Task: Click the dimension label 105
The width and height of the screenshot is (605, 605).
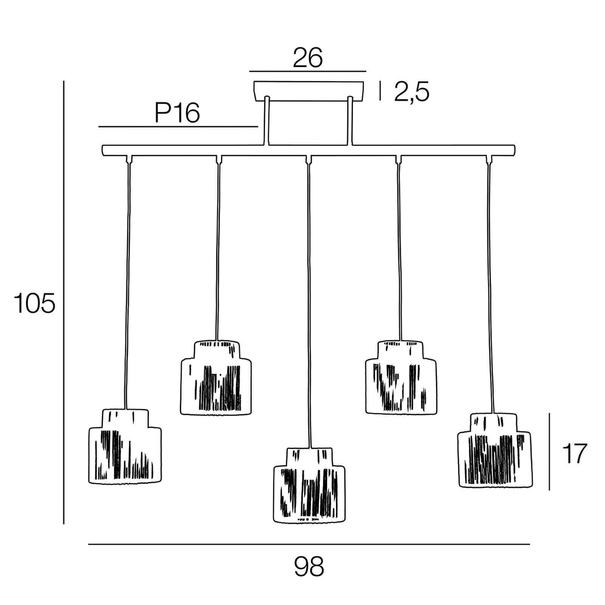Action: pos(34,303)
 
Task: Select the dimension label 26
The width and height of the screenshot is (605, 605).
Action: pos(308,58)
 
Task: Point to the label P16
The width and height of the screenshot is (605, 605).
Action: pos(177,113)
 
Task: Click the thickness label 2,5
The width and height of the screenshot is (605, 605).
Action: pos(412,92)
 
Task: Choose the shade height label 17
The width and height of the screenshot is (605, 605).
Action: pos(574,453)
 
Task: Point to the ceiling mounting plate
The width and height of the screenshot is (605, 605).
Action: pos(309,91)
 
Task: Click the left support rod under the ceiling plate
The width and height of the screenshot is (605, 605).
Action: pos(267,121)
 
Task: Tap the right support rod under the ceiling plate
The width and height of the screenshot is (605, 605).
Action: pos(350,121)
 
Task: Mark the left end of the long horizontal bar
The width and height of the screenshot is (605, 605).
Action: pos(104,150)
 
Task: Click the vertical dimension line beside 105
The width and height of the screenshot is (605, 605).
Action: pos(64,302)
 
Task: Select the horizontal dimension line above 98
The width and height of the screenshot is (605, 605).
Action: pos(309,544)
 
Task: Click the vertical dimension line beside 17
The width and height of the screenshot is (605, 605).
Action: pos(549,451)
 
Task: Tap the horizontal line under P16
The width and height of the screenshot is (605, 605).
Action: pos(178,127)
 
